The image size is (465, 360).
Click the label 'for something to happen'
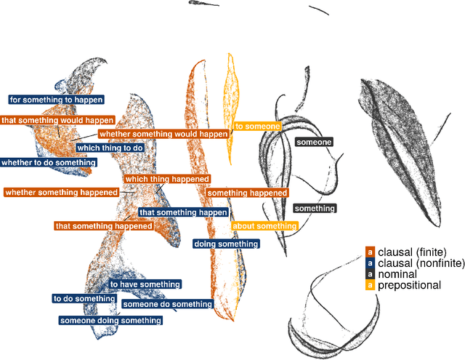coord(56,99)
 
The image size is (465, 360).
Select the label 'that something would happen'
coord(57,120)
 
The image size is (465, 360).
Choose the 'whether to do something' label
coord(48,163)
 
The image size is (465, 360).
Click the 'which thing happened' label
coord(167,178)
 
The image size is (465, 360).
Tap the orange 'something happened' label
coord(248,193)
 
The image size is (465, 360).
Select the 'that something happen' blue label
coord(183,212)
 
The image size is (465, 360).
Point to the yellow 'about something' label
coord(264,226)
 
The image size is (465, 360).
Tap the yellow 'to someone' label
coord(257,127)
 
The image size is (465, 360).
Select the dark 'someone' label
coord(314,142)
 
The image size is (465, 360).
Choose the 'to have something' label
coord(145,284)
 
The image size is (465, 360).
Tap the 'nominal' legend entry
coord(397,274)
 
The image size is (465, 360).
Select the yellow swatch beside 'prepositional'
coord(370,285)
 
